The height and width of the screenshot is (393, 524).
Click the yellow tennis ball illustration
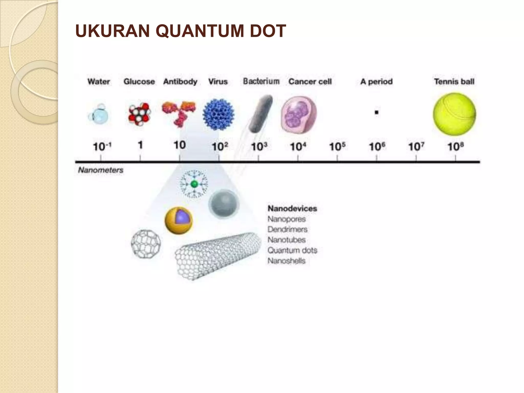tap(454, 114)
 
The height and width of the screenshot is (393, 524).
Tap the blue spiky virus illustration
tap(218, 114)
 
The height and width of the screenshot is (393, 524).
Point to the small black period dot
tap(376, 112)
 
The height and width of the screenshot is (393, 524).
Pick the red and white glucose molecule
tap(139, 113)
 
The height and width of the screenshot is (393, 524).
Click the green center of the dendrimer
tap(194, 184)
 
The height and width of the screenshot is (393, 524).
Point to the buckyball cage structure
tap(146, 244)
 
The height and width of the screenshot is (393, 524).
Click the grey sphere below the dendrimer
tap(224, 204)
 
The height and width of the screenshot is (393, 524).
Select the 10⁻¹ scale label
tap(102, 147)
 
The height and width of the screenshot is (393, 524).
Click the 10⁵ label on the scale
tap(337, 147)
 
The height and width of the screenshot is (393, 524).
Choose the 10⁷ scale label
tap(416, 147)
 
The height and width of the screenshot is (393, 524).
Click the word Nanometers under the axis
tap(101, 170)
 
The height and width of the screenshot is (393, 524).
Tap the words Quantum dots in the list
tap(292, 250)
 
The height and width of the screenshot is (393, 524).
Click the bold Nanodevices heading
tap(292, 209)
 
